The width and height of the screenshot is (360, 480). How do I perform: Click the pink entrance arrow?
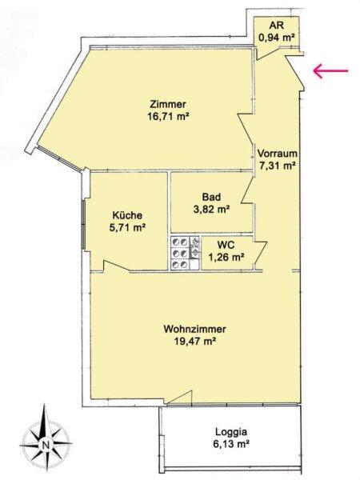click(x=330, y=71)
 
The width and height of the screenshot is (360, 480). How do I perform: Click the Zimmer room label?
click(x=168, y=104)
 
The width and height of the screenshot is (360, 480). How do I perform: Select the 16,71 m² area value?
click(x=168, y=117)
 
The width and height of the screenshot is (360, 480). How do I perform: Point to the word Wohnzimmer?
click(x=195, y=329)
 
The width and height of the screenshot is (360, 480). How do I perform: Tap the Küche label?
click(x=127, y=215)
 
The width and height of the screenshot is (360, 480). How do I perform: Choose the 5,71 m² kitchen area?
click(x=127, y=227)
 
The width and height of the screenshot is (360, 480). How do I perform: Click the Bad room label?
click(x=211, y=197)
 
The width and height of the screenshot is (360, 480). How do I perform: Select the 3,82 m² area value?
click(x=211, y=210)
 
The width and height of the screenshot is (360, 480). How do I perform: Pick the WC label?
click(x=226, y=245)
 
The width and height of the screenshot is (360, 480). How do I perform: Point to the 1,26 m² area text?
click(x=226, y=257)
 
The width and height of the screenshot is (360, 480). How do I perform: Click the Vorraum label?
click(x=278, y=153)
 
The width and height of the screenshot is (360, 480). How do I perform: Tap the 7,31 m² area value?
click(x=278, y=166)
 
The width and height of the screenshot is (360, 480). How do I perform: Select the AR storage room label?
click(x=277, y=25)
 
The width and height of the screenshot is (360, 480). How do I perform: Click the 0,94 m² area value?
click(x=277, y=38)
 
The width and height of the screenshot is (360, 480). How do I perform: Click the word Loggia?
click(x=231, y=432)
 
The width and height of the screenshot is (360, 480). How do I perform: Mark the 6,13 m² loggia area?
click(x=231, y=444)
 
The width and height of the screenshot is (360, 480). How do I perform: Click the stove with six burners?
click(x=185, y=253)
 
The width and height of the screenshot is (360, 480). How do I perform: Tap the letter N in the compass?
click(x=46, y=445)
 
